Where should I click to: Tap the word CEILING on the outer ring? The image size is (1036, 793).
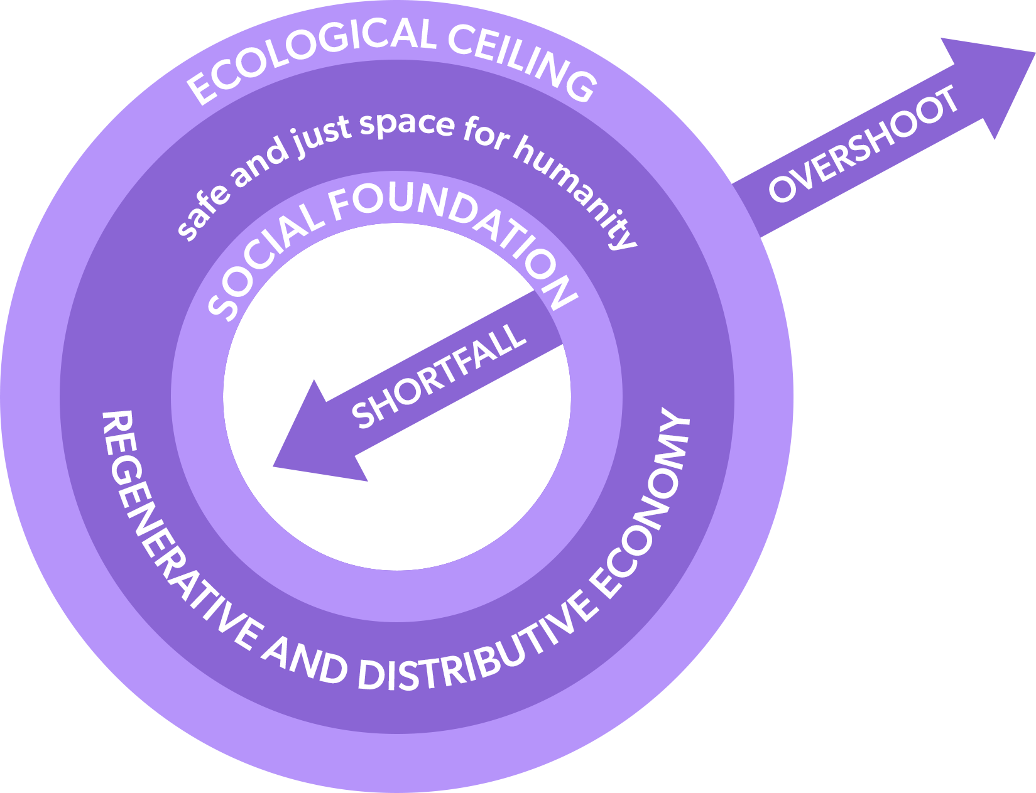tap(522, 60)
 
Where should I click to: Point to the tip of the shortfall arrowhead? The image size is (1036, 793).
tap(275, 465)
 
